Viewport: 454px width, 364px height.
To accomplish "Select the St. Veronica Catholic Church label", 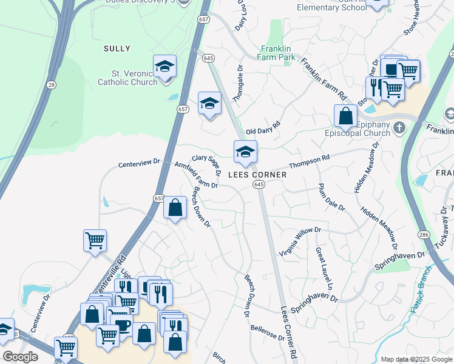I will (127, 77).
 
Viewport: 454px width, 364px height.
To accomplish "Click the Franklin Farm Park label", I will (278, 53).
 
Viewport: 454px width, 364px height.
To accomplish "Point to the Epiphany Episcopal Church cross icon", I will (399, 127).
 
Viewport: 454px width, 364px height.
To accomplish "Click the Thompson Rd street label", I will (309, 161).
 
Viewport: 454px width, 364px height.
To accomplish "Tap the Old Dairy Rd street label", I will (263, 128).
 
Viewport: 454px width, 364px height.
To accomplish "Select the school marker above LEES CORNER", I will (245, 152).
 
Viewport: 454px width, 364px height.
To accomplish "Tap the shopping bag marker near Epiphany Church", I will (345, 115).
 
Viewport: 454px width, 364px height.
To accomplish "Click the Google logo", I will (20, 356).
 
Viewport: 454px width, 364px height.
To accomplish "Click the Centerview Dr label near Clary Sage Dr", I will (138, 163).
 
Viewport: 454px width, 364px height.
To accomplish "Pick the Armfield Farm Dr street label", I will (195, 175).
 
